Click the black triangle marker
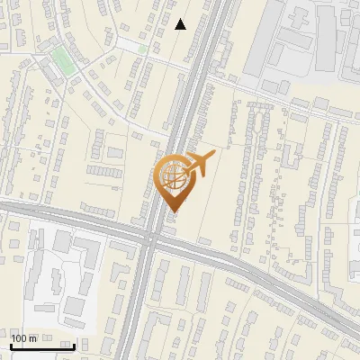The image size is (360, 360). click(x=181, y=24)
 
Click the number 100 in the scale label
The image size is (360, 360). click(x=20, y=337)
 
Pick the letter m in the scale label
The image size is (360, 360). click(x=33, y=337)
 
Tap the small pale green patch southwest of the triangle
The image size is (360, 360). click(x=132, y=45)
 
